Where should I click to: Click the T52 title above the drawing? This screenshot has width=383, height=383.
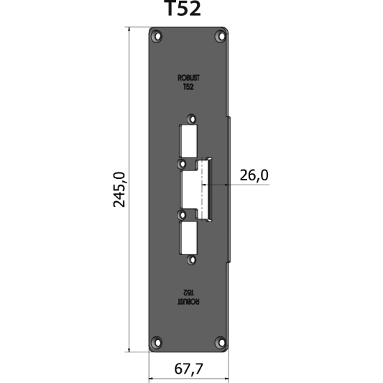tap(182, 10)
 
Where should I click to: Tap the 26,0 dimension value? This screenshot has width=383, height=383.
tap(254, 175)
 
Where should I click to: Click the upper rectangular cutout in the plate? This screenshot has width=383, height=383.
tap(189, 140)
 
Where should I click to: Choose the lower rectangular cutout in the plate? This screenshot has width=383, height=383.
tap(189, 237)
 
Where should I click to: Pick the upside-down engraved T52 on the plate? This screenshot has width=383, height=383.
tap(189, 293)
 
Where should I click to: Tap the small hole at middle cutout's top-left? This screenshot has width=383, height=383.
tap(183, 164)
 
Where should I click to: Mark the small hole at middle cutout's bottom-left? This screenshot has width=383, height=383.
tap(183, 214)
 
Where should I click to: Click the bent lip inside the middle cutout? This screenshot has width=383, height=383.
tap(204, 189)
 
